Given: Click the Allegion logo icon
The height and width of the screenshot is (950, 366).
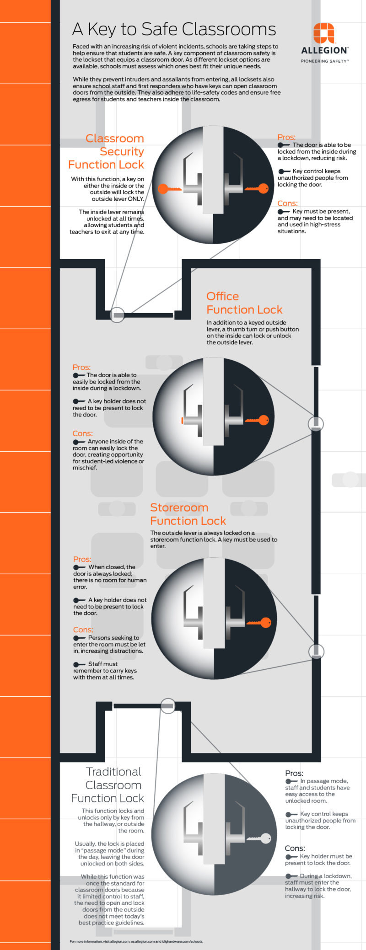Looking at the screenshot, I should tap(323, 33).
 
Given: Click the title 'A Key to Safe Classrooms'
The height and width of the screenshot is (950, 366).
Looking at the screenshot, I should tap(174, 29).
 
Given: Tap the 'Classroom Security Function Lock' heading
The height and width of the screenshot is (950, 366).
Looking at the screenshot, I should tap(106, 151).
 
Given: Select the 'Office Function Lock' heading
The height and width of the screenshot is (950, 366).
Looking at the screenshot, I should tap(244, 303).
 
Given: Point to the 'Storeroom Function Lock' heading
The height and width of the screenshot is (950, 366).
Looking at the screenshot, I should tap(188, 514).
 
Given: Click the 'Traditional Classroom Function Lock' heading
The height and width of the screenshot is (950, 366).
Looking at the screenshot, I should tap(108, 785).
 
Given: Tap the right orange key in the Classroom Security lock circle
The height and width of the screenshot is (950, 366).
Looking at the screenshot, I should tap(257, 188).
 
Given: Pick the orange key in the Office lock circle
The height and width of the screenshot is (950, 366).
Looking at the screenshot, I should tap(257, 420).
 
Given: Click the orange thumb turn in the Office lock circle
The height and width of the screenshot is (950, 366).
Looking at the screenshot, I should tap(183, 420).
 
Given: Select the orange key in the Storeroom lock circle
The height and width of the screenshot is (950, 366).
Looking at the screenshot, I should tap(260, 622).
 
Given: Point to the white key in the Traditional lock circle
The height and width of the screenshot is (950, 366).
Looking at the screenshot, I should tap(259, 838).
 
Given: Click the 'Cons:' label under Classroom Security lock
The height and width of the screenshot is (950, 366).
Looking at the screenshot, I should tap(287, 203).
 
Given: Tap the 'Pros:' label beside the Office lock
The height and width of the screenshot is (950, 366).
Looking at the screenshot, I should tap(81, 367).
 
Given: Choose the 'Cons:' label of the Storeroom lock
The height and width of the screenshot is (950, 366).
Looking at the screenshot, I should tap(83, 630).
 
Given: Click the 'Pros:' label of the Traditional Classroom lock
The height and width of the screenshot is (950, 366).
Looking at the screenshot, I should tap(294, 773).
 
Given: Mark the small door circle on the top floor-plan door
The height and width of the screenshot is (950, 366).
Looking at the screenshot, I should tap(118, 315).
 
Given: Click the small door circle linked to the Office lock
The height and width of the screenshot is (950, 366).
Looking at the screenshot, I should tap(316, 423).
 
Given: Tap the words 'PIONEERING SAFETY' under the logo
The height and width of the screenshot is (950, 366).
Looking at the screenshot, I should tap(324, 61).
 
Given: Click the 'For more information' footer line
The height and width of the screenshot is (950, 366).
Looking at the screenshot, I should tap(136, 941).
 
